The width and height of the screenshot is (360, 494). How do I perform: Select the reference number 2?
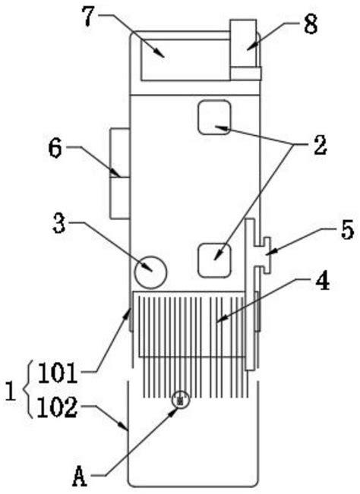[319, 146]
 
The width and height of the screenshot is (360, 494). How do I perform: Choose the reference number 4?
[323, 282]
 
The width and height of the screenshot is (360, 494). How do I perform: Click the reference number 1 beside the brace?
[10, 392]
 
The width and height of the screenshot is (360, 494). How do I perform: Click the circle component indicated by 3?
[150, 271]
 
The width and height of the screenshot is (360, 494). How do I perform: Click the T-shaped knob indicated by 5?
[263, 250]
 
